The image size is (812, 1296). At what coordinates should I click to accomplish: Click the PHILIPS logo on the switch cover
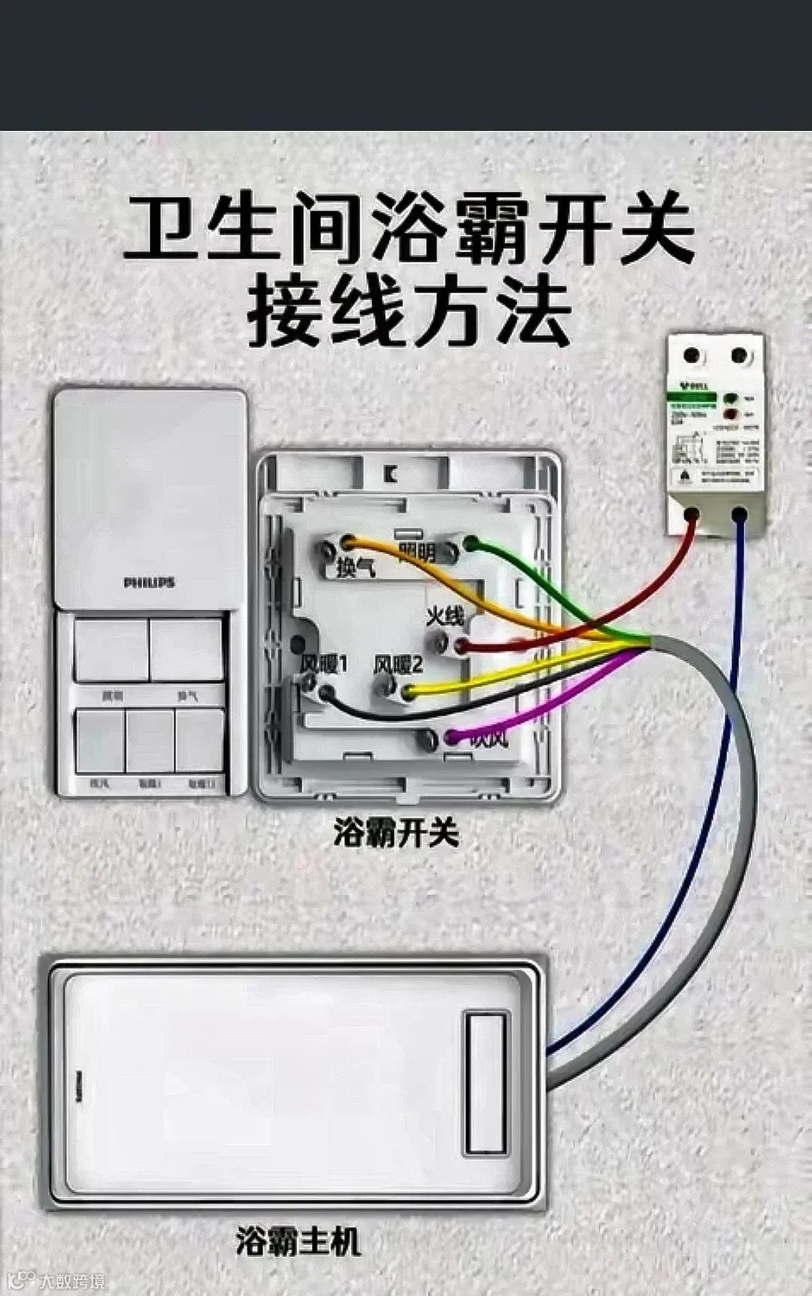(149, 583)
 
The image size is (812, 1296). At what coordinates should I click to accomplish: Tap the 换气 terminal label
(355, 568)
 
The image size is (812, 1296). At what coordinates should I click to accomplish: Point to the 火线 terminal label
(445, 616)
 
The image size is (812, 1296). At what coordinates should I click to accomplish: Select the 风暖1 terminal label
(323, 664)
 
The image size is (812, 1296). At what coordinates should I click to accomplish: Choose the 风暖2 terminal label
(398, 664)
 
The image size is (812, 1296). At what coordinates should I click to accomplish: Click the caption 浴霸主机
(298, 1242)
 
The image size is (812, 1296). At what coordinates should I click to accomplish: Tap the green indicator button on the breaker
(729, 398)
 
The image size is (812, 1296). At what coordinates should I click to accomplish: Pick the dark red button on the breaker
(729, 414)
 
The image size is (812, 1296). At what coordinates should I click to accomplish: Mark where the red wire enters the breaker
(692, 516)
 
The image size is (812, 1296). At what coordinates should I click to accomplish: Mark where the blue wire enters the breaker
(740, 516)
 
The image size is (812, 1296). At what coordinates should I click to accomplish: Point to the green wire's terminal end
(471, 543)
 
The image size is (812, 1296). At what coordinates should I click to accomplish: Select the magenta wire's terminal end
(451, 737)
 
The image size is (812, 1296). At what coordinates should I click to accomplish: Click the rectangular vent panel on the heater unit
(485, 1083)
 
